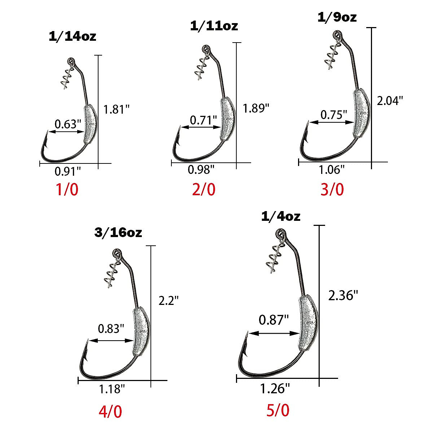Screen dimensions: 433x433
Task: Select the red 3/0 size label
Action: [x=332, y=189]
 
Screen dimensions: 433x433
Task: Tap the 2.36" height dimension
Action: [x=343, y=296]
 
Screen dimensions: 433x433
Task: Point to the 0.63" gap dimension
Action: [x=67, y=124]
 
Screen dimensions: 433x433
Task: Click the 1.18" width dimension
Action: [x=112, y=389]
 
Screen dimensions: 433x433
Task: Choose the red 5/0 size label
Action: [x=278, y=410]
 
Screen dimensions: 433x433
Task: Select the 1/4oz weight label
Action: [x=280, y=216]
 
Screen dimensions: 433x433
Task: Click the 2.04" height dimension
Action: [x=389, y=101]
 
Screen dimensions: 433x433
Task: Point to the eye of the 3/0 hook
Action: [x=337, y=36]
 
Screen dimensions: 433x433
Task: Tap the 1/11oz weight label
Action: [x=214, y=26]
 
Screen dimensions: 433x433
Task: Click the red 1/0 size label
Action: [x=66, y=189]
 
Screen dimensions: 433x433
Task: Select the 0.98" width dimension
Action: [x=201, y=170]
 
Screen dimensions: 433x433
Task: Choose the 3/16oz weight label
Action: [x=118, y=233]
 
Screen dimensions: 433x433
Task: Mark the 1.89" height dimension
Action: [x=256, y=108]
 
